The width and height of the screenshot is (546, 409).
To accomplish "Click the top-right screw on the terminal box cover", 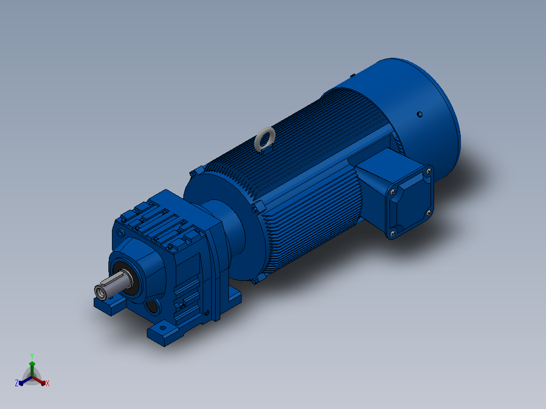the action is click(428, 171).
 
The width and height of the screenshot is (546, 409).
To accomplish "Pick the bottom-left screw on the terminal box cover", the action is click(393, 233).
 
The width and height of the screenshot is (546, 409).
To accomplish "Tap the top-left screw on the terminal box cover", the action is click(393, 191).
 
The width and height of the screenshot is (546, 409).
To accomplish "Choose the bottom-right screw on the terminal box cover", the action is click(428, 213).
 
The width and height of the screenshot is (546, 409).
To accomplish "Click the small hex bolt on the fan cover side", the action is click(419, 114).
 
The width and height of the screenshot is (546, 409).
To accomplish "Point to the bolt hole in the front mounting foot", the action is click(163, 328).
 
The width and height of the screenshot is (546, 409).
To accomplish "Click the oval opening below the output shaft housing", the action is click(153, 307).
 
